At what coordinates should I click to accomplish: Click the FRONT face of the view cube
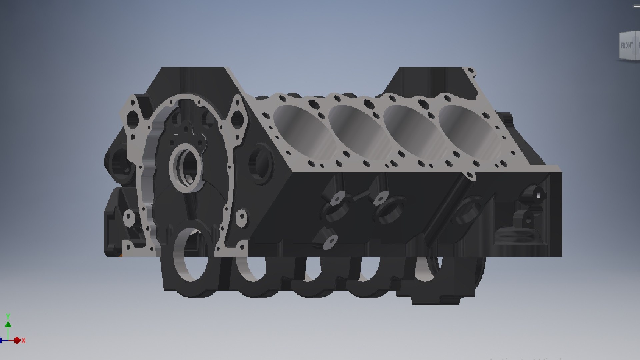(627, 46)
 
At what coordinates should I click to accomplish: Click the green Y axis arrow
(8, 324)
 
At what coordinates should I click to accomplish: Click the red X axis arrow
(17, 340)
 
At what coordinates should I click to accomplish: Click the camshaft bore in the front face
(186, 166)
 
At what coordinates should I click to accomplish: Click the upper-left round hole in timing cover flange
(132, 118)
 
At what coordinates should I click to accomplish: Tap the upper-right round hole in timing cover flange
(238, 118)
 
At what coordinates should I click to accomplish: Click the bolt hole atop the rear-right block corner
(471, 71)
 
